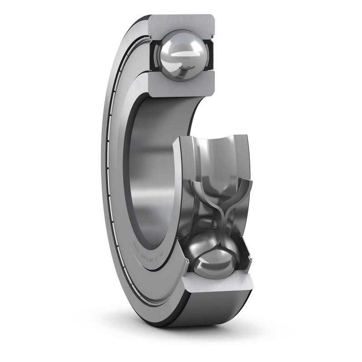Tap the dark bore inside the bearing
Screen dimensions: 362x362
point(149,172)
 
